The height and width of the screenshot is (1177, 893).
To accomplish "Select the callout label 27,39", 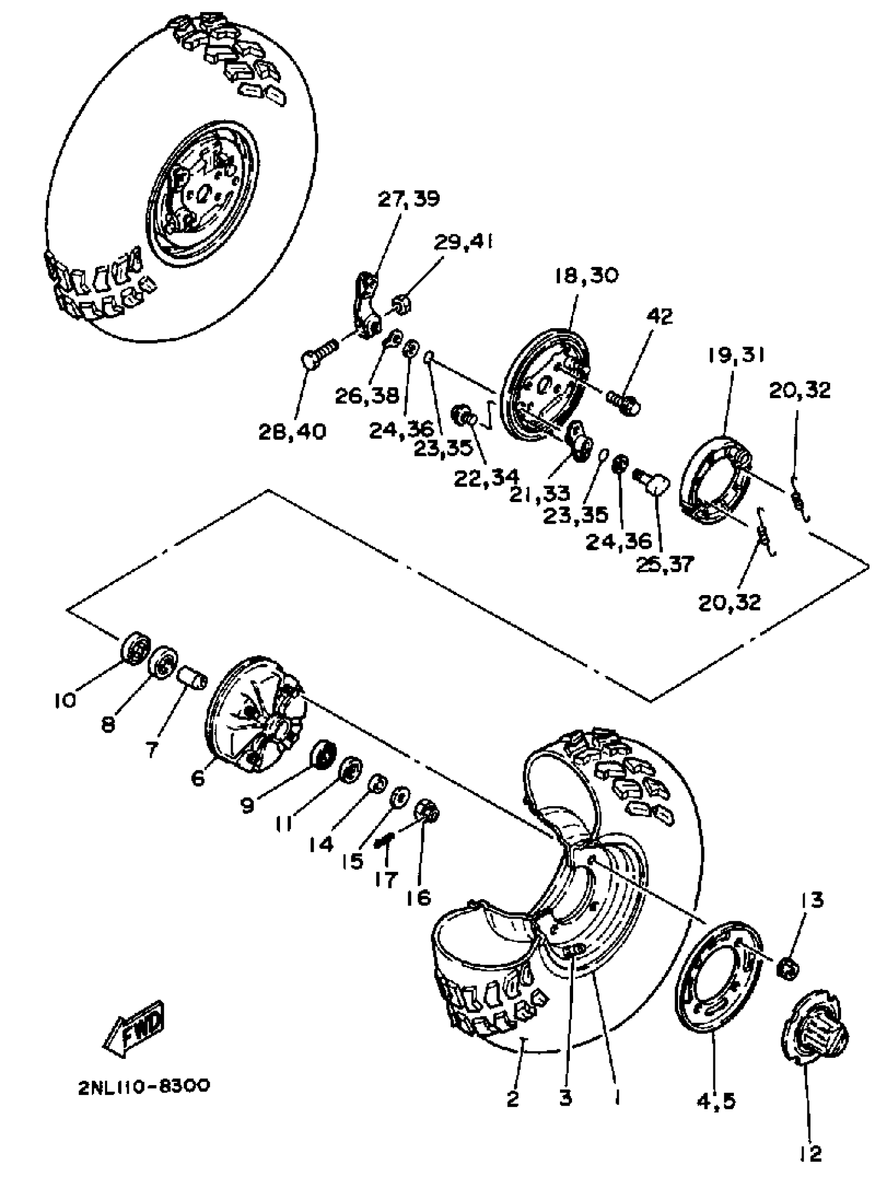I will coord(408,199).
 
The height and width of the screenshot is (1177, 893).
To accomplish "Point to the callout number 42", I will coord(659,316).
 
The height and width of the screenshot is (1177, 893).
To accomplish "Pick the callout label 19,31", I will coord(736,355).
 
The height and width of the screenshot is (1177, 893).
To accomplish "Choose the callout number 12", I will coord(810,1164).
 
